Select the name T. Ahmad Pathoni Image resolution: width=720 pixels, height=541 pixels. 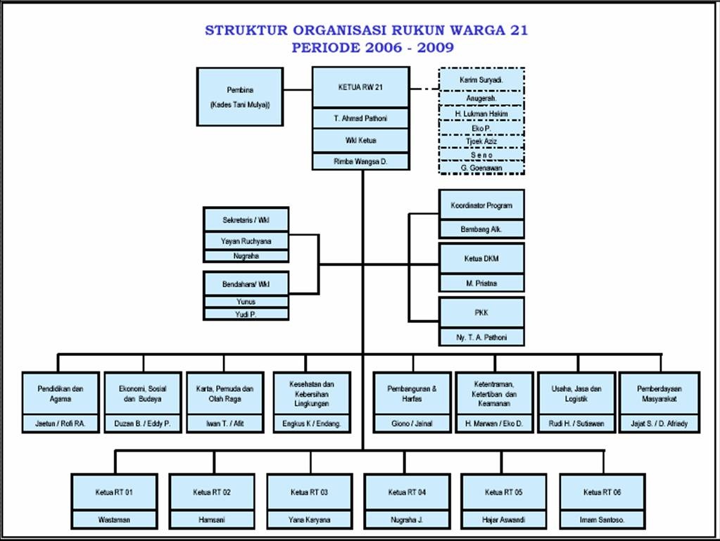(360, 119)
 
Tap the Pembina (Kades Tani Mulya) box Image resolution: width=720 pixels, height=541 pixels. (239, 97)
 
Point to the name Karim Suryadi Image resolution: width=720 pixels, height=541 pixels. (481, 80)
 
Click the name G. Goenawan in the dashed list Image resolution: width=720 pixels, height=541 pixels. (481, 167)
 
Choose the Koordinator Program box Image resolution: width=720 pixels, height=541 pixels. (481, 205)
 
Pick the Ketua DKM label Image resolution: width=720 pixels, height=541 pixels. (481, 258)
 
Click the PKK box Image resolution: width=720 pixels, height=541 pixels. (481, 313)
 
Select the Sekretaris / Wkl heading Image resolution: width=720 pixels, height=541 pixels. (246, 220)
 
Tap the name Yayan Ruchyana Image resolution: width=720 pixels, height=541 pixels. (246, 241)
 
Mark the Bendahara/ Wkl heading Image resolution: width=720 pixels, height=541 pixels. (246, 284)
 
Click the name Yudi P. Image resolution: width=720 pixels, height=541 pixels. (246, 314)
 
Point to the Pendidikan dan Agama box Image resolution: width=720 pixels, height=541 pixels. (60, 393)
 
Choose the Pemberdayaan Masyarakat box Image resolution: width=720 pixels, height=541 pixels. (659, 393)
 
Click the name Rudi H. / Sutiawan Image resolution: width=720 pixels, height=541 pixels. (576, 424)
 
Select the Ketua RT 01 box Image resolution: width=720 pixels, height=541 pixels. (114, 492)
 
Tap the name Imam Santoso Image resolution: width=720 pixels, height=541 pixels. (602, 521)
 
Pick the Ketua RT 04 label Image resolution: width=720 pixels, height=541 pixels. (407, 492)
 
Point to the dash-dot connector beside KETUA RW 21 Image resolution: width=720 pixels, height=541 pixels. (424, 89)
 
